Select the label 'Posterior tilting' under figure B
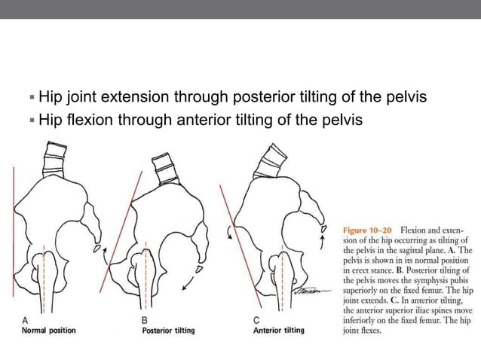(x=168, y=331)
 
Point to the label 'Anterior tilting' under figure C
(x=279, y=331)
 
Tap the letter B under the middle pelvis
(x=145, y=320)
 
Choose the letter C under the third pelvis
(x=256, y=320)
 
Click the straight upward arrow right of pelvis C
(x=323, y=239)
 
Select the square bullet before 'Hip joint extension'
(x=31, y=98)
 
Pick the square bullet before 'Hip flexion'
(x=31, y=120)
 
